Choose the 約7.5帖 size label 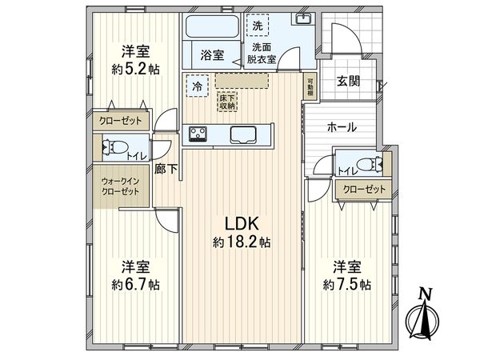coord(346,283)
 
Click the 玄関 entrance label coord(347,80)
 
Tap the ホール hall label coord(342,127)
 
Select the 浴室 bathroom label coord(211,56)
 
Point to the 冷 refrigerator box coord(198,81)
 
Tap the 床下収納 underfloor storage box coord(227,101)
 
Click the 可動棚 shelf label coord(310,86)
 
